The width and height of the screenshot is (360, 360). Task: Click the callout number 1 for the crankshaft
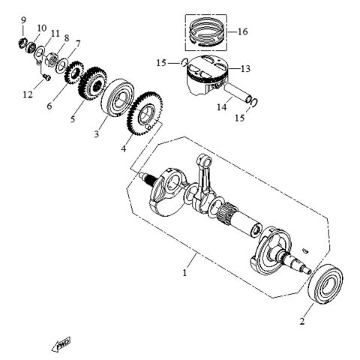coord(184,274)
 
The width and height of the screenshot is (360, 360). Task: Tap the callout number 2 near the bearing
coord(301,322)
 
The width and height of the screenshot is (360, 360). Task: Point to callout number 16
coord(242,31)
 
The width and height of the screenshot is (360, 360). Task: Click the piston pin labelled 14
coord(233,97)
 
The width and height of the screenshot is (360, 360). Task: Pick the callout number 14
coord(221,108)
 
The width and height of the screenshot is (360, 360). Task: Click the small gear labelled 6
coord(75,73)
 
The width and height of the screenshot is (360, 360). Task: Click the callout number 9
coord(23,19)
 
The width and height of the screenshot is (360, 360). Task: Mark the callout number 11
coord(55,34)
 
